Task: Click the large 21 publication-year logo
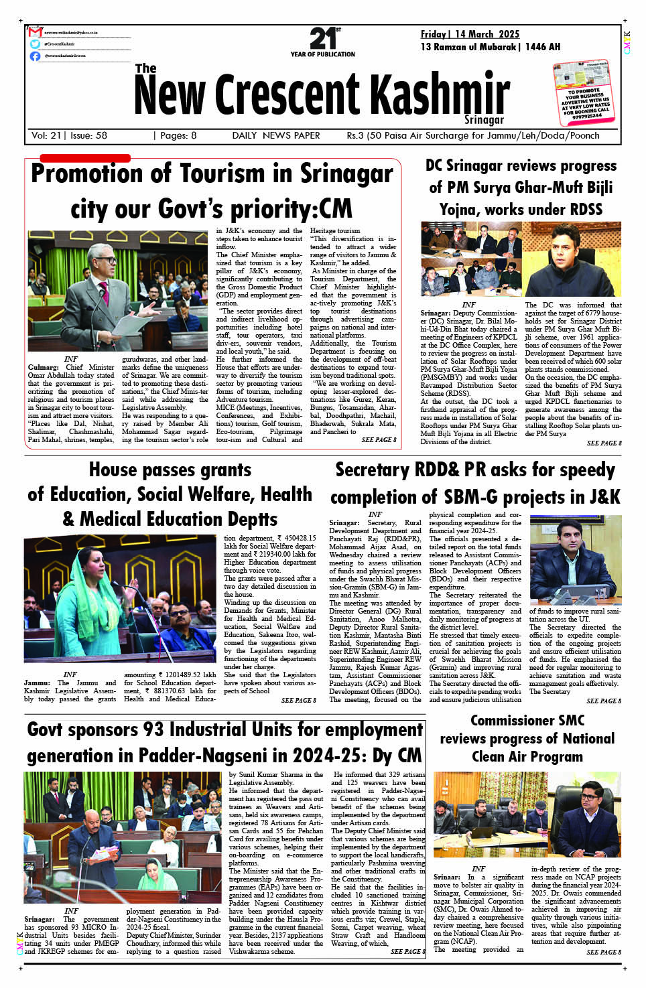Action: click(323, 39)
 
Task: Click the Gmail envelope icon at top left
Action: click(35, 32)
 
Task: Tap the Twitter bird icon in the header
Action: click(35, 44)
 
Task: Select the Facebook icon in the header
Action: click(35, 56)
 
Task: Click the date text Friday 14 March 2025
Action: click(470, 34)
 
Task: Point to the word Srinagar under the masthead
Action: click(484, 120)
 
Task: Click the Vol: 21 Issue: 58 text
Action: click(69, 135)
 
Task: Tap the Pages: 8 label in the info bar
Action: click(175, 135)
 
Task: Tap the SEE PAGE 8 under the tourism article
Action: click(379, 440)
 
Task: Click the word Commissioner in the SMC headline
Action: click(527, 721)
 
